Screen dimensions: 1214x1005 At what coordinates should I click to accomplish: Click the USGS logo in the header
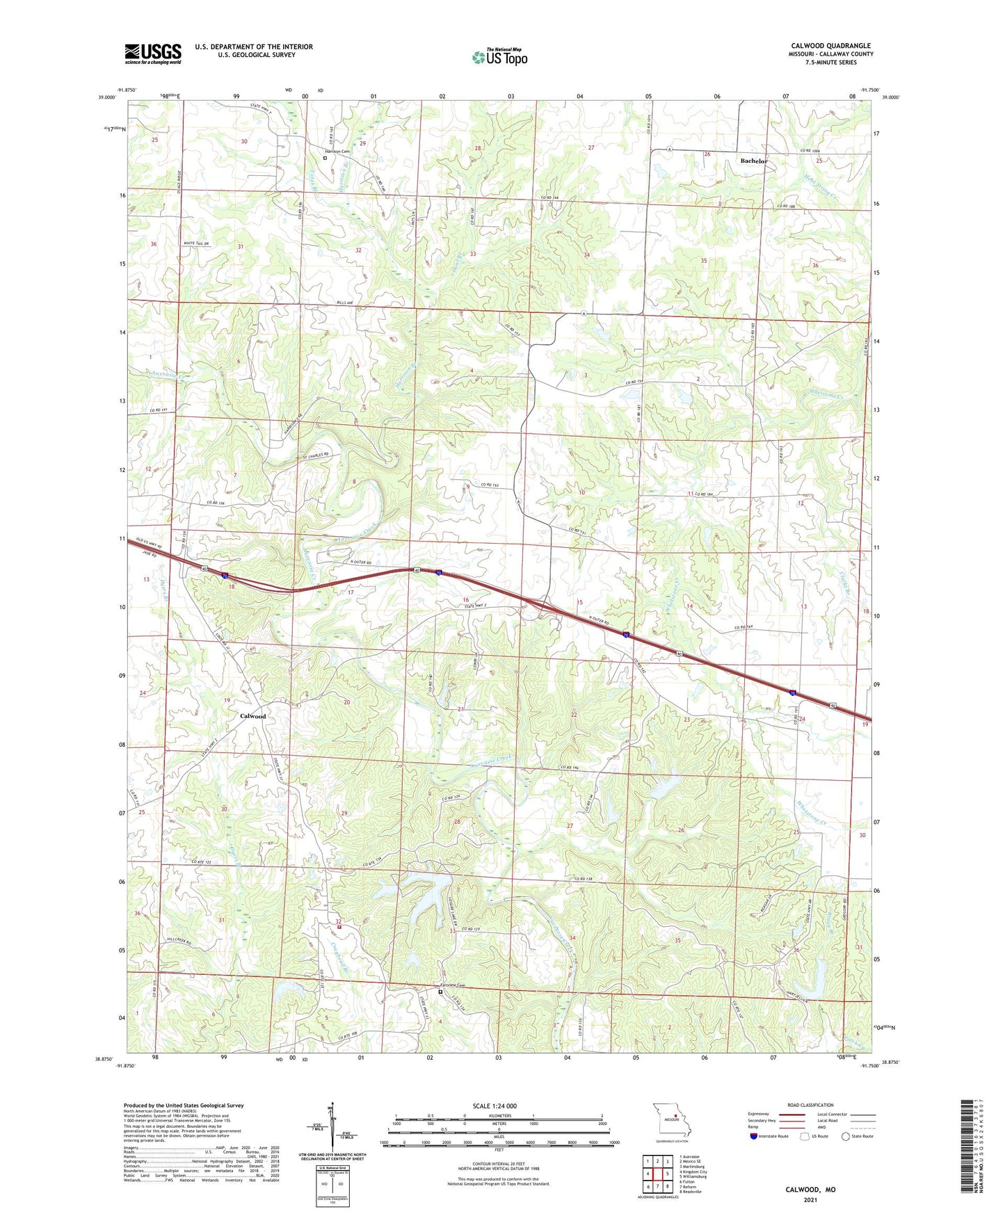(x=153, y=54)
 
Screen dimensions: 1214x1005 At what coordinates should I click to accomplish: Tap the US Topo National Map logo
(x=499, y=57)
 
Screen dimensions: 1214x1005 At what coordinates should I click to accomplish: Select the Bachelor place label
(x=754, y=161)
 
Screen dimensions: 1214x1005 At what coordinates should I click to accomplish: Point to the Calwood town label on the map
(x=252, y=715)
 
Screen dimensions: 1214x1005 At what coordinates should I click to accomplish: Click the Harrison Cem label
(x=336, y=151)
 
